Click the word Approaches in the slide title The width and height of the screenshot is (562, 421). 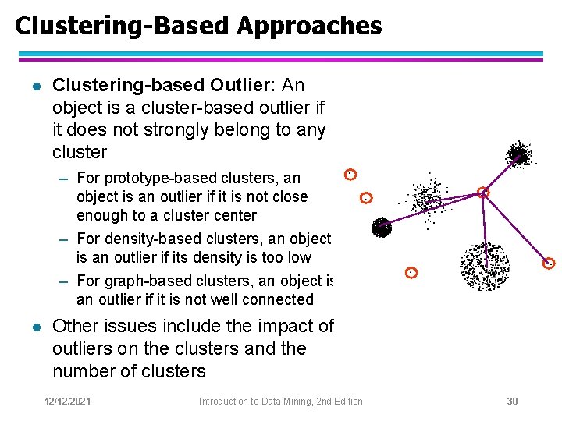310,27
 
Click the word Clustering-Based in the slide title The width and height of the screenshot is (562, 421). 123,27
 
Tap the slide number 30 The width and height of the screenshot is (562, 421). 512,401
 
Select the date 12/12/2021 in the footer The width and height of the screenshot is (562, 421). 67,401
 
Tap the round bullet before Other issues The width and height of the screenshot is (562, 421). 27,326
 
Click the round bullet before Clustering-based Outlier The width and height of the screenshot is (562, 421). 27,85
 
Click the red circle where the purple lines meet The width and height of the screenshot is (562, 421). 483,192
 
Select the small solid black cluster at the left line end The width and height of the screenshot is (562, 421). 381,228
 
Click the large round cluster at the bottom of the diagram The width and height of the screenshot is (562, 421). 484,266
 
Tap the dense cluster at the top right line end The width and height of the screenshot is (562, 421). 518,155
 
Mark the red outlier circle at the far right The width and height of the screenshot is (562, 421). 550,264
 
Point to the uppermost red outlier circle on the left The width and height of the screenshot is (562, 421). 350,175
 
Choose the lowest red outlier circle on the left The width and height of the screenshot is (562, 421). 412,273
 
